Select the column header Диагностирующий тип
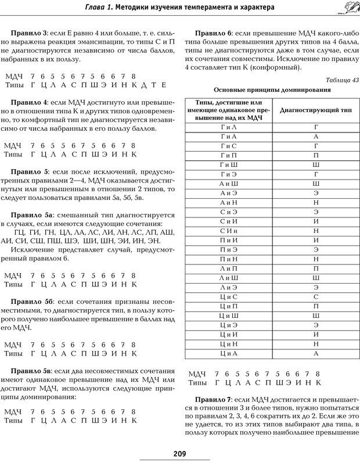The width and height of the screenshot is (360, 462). tap(316, 109)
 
